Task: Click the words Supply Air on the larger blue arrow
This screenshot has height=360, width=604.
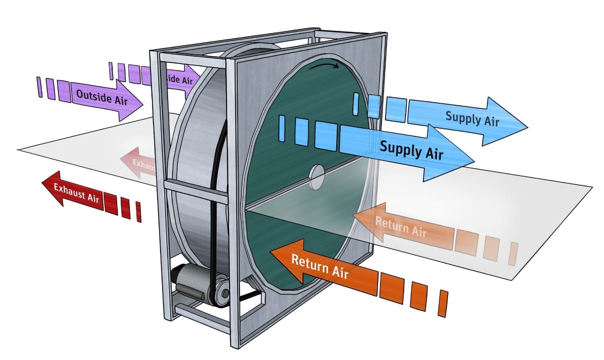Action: pos(411,150)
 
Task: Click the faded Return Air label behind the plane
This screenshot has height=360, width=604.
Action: pos(400,227)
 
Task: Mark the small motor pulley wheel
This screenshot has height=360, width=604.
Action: pos(221,292)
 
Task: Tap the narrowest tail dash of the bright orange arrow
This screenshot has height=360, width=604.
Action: pos(443,303)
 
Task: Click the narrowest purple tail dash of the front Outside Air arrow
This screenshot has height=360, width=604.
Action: pos(39,87)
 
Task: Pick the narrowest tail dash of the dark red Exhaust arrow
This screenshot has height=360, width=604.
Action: pos(138,212)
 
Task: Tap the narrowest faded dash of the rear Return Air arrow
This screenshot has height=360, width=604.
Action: pos(512,253)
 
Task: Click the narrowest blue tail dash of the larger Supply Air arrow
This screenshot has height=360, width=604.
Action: pos(282,128)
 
